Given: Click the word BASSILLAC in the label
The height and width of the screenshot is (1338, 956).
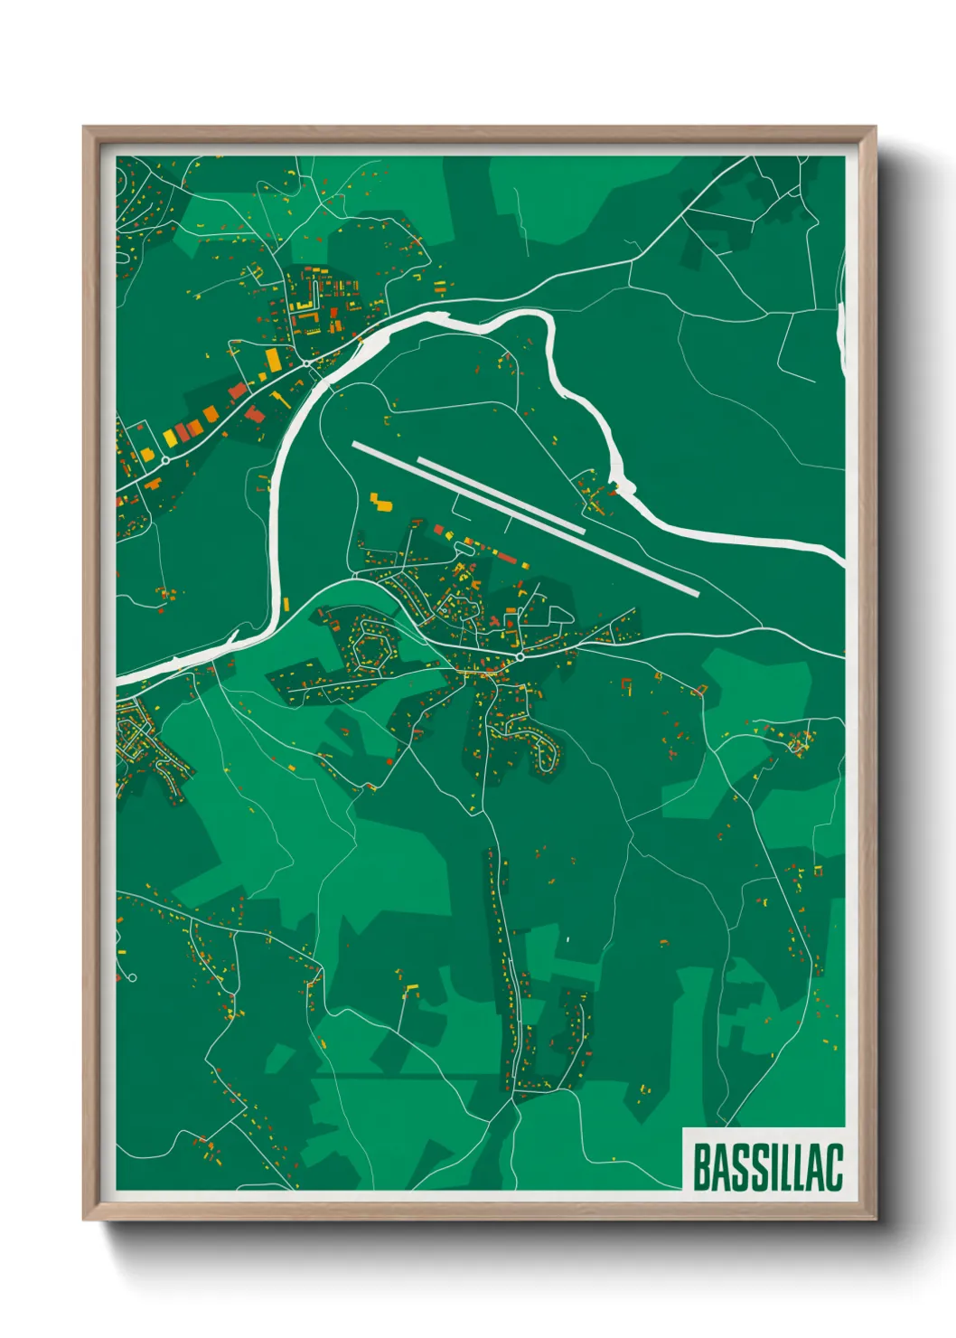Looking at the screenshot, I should pos(767,1167).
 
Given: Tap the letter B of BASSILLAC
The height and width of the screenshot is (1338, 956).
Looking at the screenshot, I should pos(701,1167).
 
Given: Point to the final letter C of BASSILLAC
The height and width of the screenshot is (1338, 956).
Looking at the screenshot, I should pos(834,1167).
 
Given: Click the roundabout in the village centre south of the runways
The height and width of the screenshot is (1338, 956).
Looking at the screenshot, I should pos(520,657).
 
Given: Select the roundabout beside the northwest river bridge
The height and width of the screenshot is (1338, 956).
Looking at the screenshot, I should pos(307,363).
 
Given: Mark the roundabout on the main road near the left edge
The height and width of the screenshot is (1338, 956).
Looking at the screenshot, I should pos(165,460).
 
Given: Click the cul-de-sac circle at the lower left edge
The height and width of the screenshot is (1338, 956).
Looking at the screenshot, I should pos(132,977).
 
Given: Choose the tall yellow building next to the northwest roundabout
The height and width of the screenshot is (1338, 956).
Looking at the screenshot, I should pos(272,359).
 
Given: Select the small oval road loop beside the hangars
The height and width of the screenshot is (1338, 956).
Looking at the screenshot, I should pos(560,615).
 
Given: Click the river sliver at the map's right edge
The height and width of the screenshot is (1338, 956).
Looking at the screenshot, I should pos(840,330).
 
